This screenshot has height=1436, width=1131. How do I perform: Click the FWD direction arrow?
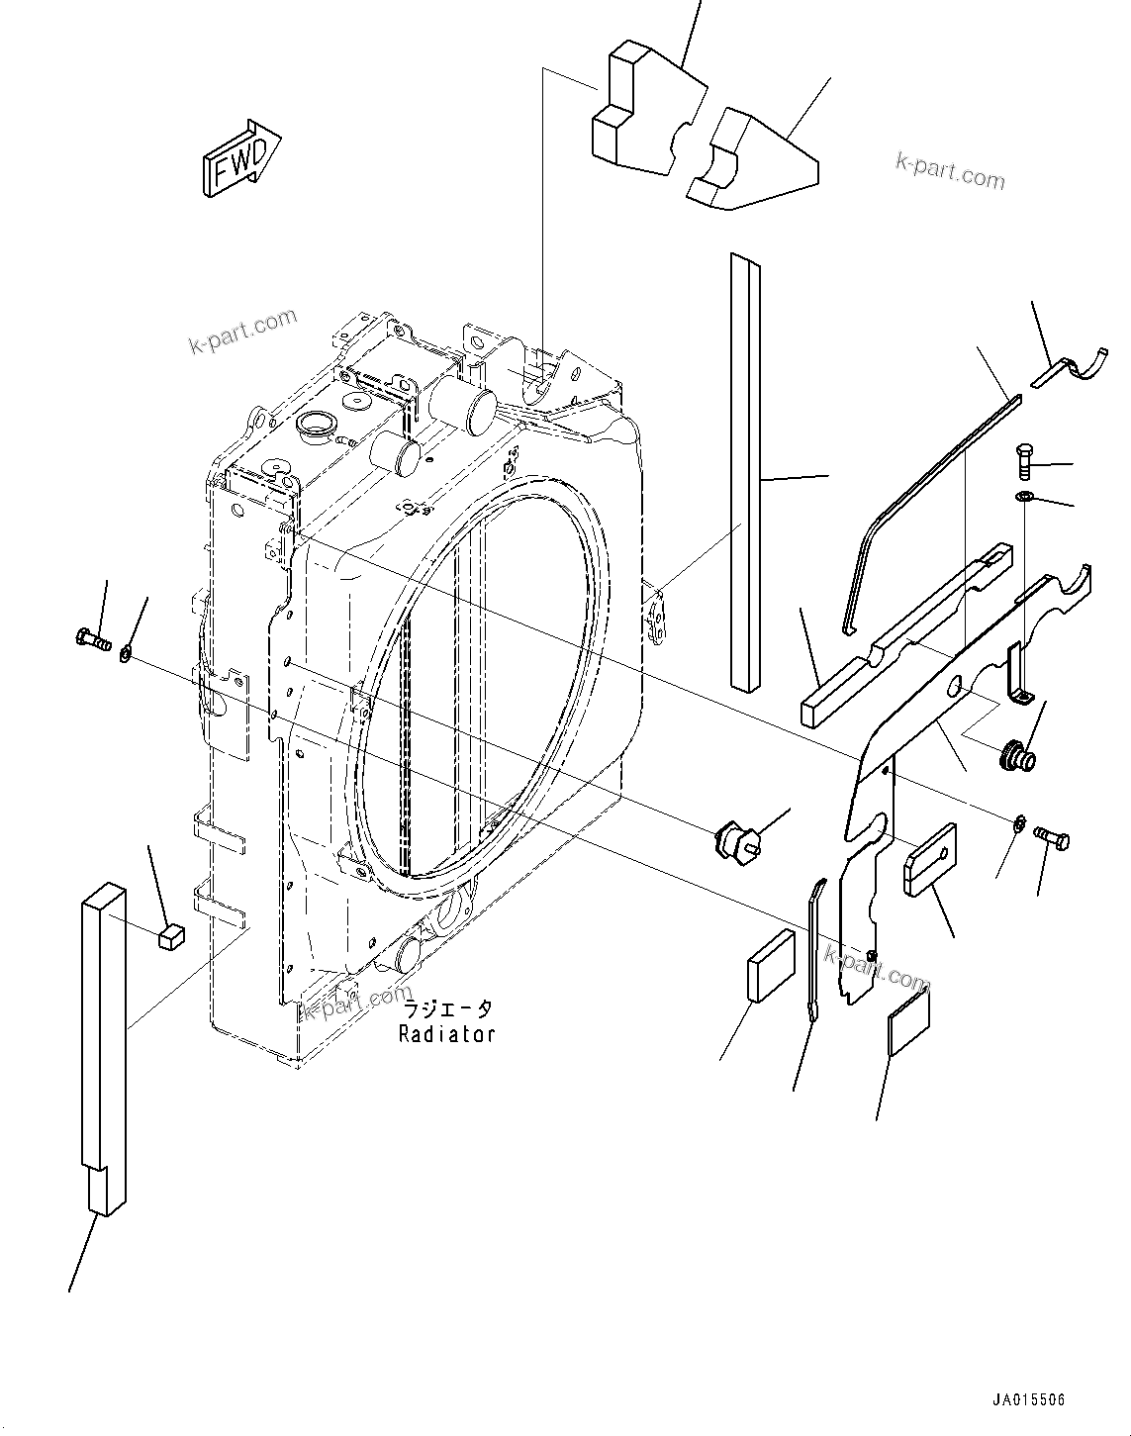click(x=242, y=158)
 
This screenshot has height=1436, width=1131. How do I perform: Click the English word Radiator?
click(x=446, y=1034)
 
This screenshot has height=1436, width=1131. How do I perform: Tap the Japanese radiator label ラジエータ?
click(x=446, y=1009)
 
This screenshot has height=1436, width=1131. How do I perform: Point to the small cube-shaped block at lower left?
click(x=172, y=935)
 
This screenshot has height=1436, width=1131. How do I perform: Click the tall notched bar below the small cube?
click(x=104, y=1049)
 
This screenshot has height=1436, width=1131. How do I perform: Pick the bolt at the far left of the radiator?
click(x=91, y=641)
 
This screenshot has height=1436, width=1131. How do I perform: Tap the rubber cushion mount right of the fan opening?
click(x=736, y=841)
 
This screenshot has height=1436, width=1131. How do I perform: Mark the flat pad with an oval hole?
click(x=929, y=859)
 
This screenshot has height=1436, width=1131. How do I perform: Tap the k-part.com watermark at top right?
click(x=950, y=171)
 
